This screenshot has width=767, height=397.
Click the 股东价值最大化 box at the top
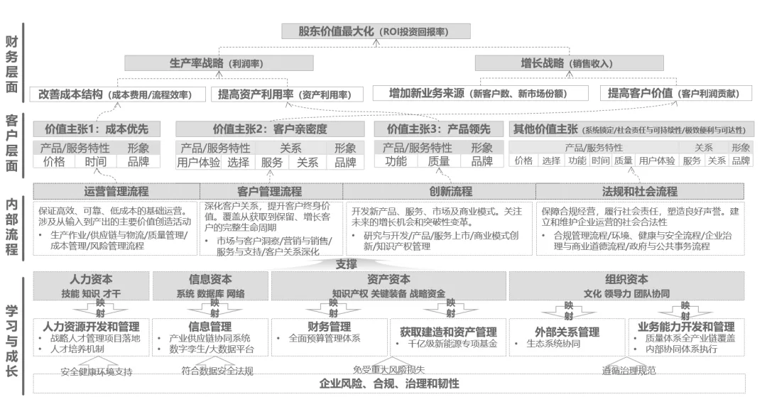[376, 31]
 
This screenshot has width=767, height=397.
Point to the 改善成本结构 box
[118, 94]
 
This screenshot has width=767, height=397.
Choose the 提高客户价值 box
[670, 94]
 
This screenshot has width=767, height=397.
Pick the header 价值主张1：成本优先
[96, 129]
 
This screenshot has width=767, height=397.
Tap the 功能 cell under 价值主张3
[395, 161]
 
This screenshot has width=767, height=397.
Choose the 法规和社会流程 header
[639, 191]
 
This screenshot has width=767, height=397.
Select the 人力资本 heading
[90, 279]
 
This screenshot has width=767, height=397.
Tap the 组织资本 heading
[626, 279]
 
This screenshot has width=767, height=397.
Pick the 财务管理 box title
[329, 327]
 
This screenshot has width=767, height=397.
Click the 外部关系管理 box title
[567, 332]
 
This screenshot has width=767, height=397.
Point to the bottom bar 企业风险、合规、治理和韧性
[389, 384]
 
